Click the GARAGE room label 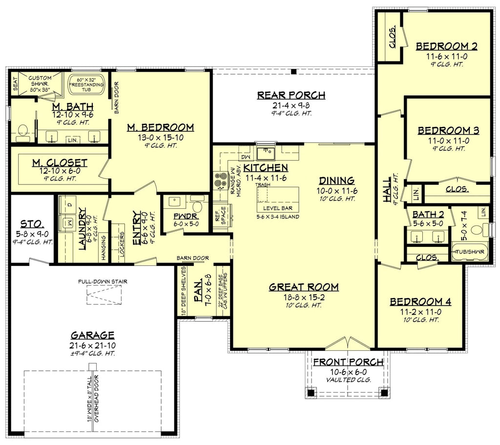(x=93, y=335)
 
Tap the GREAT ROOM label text (x=304, y=287)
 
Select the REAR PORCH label (x=291, y=95)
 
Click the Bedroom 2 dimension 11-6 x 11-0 (x=447, y=56)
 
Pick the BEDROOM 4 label (x=420, y=302)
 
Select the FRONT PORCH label (x=348, y=362)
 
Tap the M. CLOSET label (x=60, y=162)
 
